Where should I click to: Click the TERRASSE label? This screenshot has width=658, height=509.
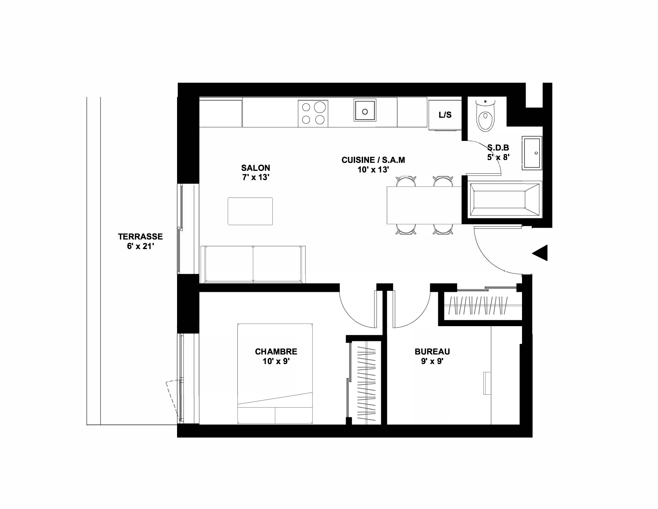coord(140,236)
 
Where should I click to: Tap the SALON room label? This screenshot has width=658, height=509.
coord(256,168)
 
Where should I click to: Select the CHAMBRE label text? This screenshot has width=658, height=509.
coord(276,352)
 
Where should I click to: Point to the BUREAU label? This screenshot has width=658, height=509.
coord(432,352)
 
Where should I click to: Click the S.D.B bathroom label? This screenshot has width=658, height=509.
coord(498,148)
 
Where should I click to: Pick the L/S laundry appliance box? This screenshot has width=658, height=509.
coord(445,115)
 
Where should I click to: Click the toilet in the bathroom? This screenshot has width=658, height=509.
coord(485,115)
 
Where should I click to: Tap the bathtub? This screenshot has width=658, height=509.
coord(504,200)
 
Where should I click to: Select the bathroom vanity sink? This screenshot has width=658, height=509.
coord(532,153)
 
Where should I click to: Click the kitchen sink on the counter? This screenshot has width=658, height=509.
coord(365,110)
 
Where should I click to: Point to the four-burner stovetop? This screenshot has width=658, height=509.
coord(313,113)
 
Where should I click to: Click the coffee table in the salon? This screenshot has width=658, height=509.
coord(250,211)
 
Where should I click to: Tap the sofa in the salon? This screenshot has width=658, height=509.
coord(253,264)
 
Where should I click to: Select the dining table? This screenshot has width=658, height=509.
coord(424,205)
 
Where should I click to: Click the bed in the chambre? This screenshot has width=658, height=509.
coord(275,374)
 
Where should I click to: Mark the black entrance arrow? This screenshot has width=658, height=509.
coord(540,253)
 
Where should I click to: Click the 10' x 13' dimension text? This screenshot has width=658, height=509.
coord(373,170)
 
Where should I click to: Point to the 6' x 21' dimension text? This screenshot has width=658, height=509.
coord(140,246)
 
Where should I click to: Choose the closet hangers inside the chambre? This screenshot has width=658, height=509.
coord(366,382)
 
